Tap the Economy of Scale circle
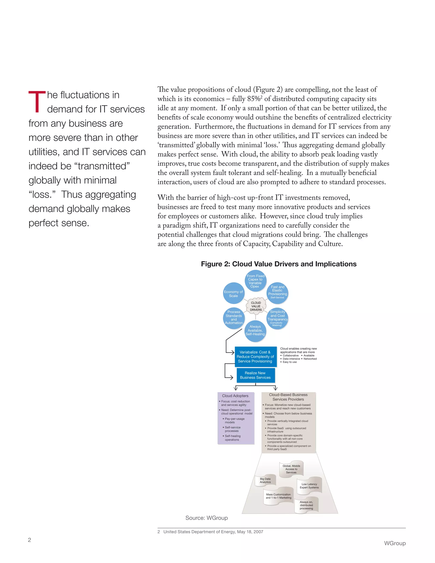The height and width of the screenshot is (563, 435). coord(233,294)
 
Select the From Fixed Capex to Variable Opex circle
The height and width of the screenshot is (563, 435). coord(255,281)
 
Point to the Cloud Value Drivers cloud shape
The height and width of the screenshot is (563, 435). coord(256,306)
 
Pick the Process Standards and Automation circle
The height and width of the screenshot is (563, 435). coord(233,318)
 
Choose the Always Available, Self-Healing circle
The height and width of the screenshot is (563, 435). coord(255,331)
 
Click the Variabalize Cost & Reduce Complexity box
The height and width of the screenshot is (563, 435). coord(255,356)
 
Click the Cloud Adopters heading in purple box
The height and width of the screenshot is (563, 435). coord(235,396)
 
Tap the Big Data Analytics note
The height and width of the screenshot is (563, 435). coord(265,481)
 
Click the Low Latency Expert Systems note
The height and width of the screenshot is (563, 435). coord(309,486)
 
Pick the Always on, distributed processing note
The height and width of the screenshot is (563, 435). coord(306,505)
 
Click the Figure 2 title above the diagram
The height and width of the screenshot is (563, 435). coord(279,264)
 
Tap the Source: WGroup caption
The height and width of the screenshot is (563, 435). coord(206,518)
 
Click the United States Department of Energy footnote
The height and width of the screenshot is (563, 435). coord(213,532)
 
